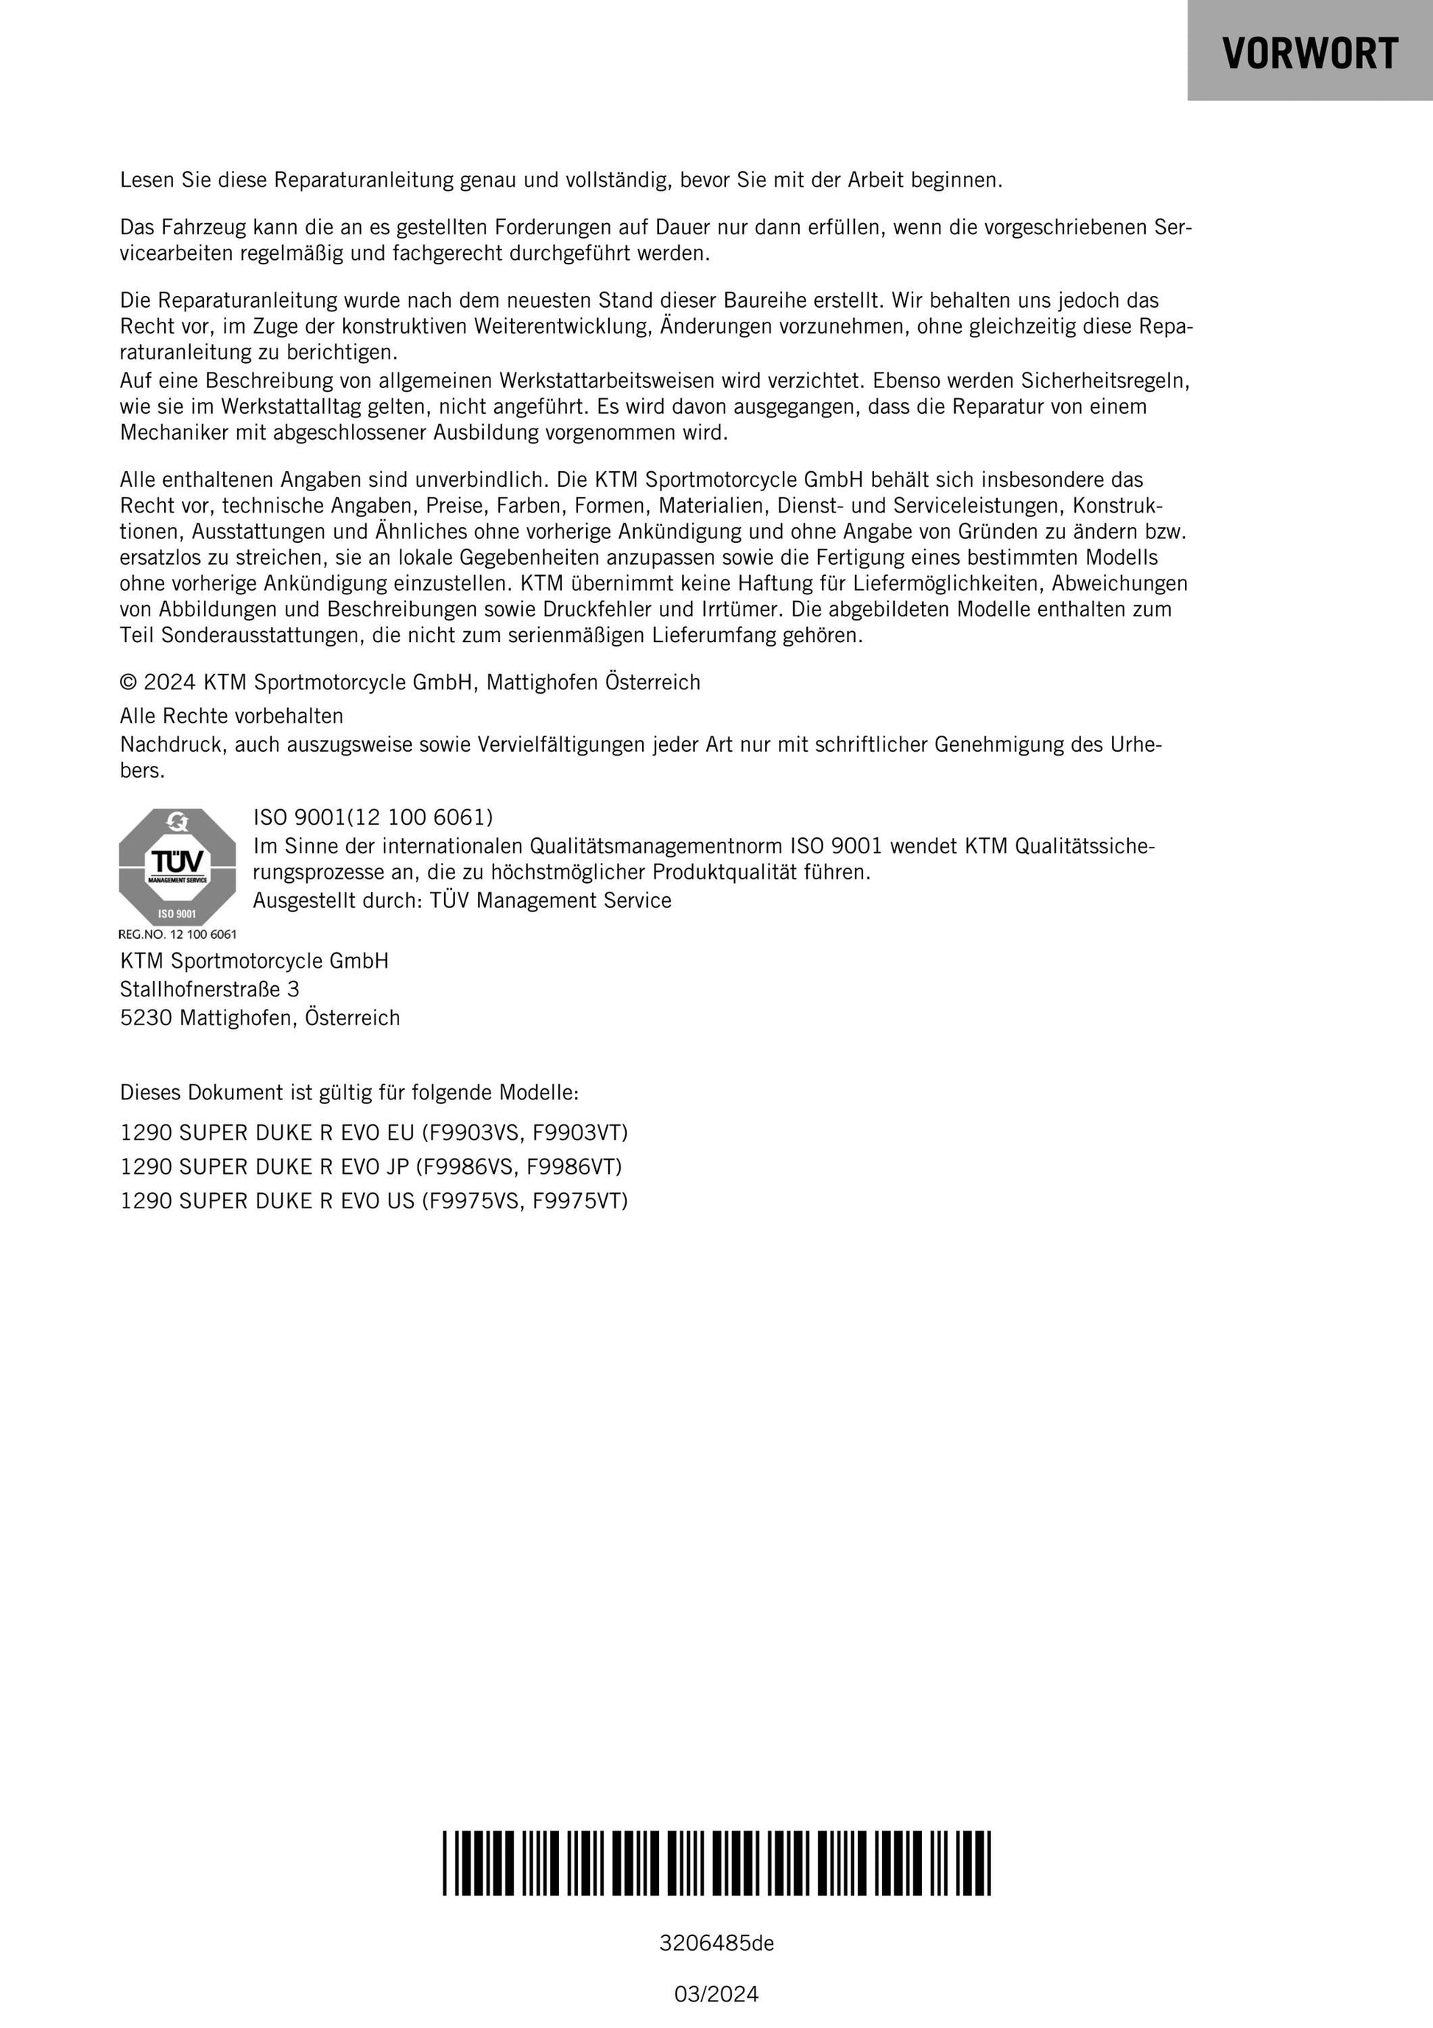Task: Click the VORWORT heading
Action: pos(1309,53)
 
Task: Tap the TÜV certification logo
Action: pos(177,867)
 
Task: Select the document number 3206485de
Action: pos(716,1943)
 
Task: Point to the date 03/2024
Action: pos(716,1994)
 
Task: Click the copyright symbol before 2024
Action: pos(129,683)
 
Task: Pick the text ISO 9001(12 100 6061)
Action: pos(373,817)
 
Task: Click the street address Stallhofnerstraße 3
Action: pos(209,989)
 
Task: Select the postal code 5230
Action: pos(146,1018)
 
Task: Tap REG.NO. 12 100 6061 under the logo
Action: pos(177,934)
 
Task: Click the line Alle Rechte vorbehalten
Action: pos(231,716)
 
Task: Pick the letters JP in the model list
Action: pos(398,1167)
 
